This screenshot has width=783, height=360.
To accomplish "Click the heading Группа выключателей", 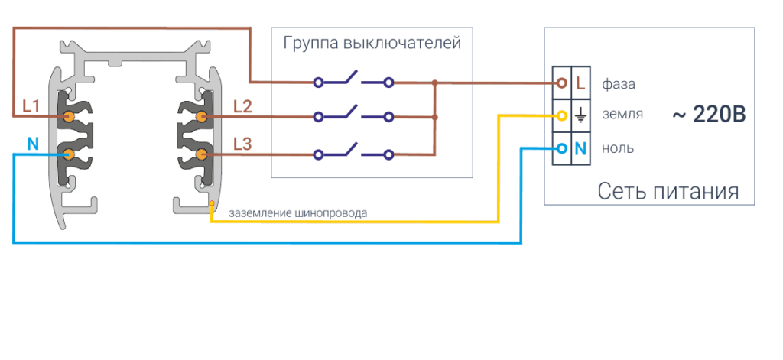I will pos(372,43).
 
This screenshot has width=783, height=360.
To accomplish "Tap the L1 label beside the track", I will pos(31,106).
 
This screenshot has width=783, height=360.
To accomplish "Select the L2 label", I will pos(242,106).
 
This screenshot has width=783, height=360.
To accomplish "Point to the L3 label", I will pos(242,144).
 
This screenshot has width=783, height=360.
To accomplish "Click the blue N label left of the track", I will pos(33,144).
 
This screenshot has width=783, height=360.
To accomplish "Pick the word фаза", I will pos(619,83).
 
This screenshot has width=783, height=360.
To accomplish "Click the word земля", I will pos(622,115).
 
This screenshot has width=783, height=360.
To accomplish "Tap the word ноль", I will pos(618,148).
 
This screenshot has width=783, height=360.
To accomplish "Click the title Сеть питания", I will pos(668,190).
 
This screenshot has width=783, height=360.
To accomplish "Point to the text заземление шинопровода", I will pos(297,213).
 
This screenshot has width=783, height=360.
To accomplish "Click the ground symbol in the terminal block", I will pos(580,116).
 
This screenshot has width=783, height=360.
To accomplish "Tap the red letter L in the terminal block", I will pos(580,83).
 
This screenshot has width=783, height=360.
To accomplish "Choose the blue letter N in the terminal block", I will pos(580,148).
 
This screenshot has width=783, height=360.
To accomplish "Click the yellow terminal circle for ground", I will pos(562,116).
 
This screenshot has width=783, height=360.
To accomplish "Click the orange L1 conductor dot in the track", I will pos(68,117).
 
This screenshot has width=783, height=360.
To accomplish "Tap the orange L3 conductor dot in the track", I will pos(202,154).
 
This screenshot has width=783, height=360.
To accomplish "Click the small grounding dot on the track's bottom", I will pos(212,204).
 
